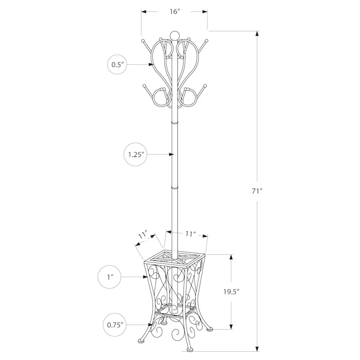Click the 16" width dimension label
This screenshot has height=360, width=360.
(x=175, y=12)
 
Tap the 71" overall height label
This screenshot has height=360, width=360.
(x=257, y=191)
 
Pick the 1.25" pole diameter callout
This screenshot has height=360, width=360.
(x=136, y=154)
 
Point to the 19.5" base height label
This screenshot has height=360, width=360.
(x=231, y=292)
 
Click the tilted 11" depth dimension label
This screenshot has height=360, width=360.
(x=143, y=236)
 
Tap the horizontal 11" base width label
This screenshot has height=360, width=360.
(x=191, y=234)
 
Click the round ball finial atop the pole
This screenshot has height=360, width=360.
(x=174, y=35)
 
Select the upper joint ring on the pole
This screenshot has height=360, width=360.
(x=175, y=123)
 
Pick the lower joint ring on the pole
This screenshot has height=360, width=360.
(x=175, y=188)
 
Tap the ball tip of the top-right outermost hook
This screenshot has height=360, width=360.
(x=207, y=40)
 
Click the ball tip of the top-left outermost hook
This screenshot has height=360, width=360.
(x=143, y=40)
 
